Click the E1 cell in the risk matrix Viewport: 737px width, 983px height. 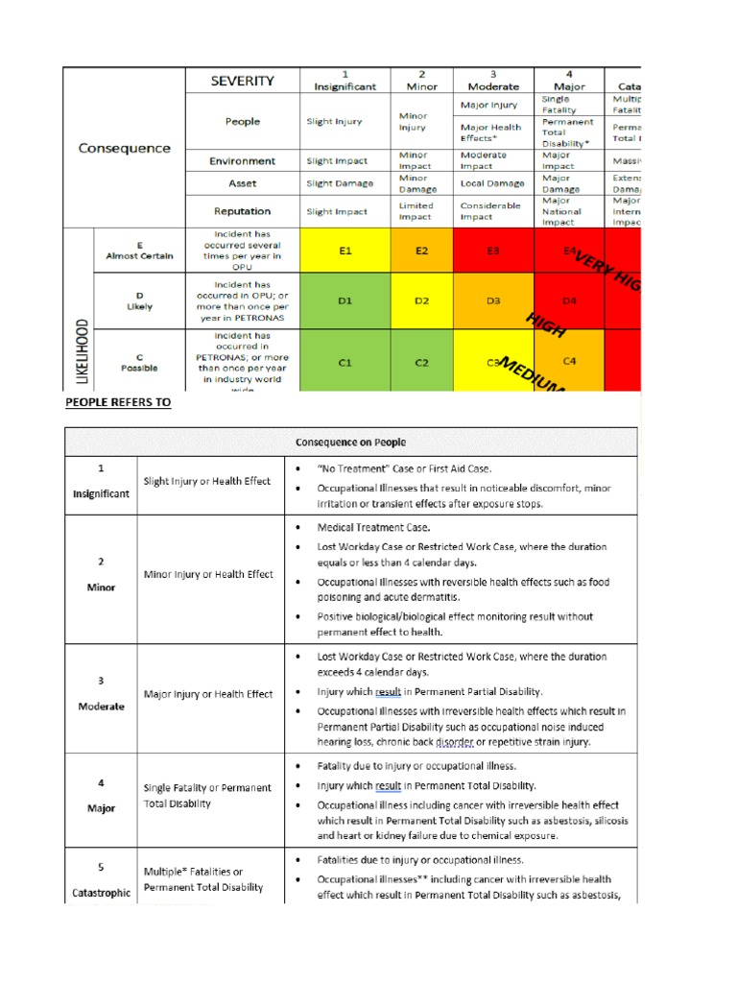click(x=345, y=251)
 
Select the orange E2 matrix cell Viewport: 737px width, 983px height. click(x=421, y=251)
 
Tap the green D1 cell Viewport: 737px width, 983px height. click(x=345, y=300)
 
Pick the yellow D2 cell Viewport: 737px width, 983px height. click(x=421, y=300)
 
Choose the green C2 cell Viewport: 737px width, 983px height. click(x=421, y=362)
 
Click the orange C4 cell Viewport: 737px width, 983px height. click(x=569, y=361)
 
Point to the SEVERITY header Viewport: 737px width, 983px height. click(x=242, y=82)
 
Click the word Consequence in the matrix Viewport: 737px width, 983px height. click(x=124, y=148)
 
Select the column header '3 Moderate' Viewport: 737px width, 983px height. click(x=492, y=81)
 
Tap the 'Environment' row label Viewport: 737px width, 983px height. click(x=242, y=161)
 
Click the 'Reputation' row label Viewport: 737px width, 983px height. click(x=242, y=211)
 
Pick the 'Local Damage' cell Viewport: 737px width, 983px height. click(x=492, y=183)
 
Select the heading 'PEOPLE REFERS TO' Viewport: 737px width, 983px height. click(x=118, y=403)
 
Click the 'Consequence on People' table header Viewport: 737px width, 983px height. click(x=350, y=443)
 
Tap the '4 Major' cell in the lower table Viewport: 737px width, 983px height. click(x=101, y=796)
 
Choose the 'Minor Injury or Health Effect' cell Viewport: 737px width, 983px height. click(x=208, y=575)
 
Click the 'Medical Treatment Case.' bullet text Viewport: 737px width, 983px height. click(x=373, y=527)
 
